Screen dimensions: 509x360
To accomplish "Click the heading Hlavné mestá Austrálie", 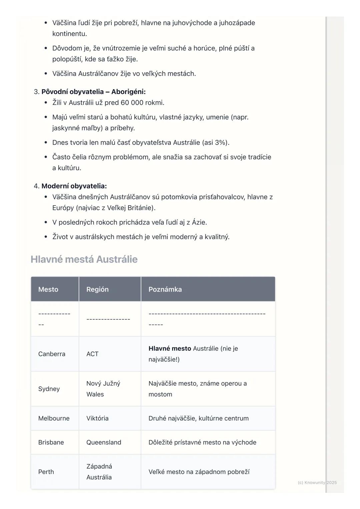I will [x=84, y=259].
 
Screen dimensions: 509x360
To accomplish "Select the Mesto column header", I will [x=48, y=289].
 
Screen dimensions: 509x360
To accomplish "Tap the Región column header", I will [x=97, y=289].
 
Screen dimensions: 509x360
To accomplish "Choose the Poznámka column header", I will [x=165, y=289].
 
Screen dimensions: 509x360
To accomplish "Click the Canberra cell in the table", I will [x=52, y=354].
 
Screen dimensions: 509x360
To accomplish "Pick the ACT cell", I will [x=92, y=354].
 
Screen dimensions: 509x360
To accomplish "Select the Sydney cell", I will [x=49, y=389].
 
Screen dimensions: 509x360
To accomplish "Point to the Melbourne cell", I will [x=54, y=418].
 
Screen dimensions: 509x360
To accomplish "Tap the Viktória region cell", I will [x=97, y=418].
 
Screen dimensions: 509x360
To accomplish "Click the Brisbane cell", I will [x=51, y=442].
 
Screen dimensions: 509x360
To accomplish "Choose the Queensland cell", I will [x=104, y=442].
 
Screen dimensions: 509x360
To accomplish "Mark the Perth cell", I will [x=46, y=472].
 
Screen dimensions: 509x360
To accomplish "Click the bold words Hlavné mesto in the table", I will [x=170, y=348].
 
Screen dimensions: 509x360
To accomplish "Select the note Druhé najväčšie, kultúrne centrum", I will [x=198, y=418].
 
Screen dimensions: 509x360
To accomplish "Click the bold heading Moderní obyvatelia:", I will [x=74, y=186].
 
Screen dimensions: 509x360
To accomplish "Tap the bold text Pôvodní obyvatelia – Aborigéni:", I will [x=93, y=92].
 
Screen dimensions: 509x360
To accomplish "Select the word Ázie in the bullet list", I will [x=199, y=222].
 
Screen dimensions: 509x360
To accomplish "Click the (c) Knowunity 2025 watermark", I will [x=317, y=482].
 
